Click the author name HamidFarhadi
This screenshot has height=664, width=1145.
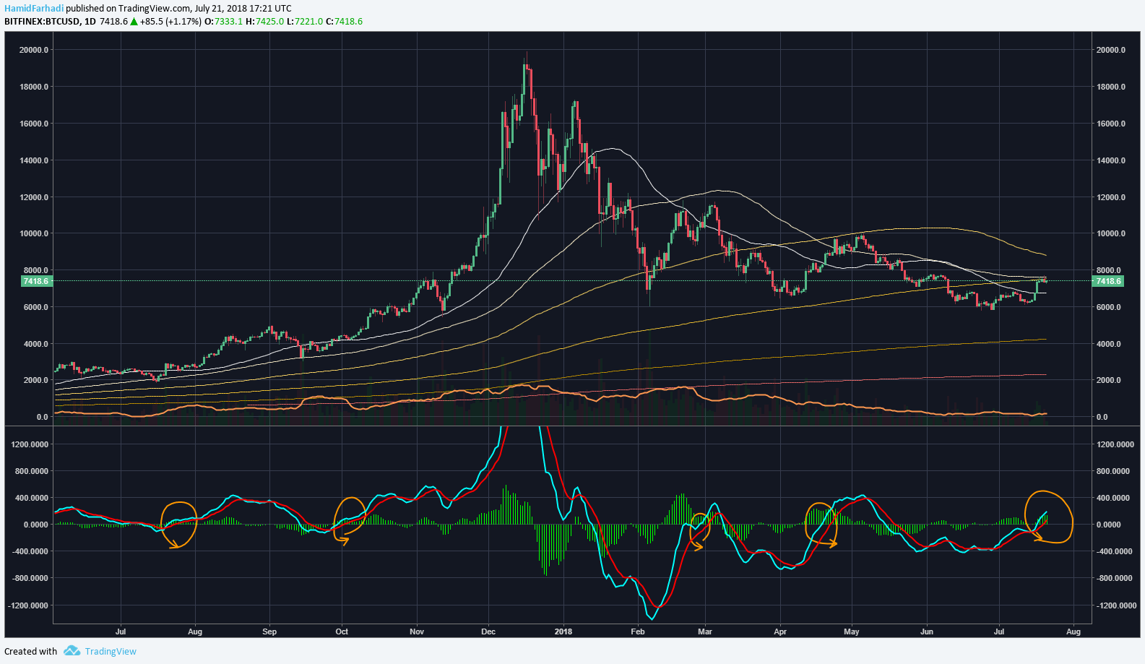click(x=34, y=8)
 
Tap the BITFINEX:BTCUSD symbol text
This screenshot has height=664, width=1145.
click(x=42, y=22)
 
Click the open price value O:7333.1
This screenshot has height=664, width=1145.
click(x=223, y=22)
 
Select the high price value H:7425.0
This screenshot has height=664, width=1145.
click(x=264, y=22)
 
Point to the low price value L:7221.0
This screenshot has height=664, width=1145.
click(x=304, y=22)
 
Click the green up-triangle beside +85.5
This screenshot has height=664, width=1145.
click(x=134, y=22)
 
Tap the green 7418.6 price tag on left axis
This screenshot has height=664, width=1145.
click(x=37, y=281)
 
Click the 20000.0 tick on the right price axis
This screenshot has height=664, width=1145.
click(x=1111, y=50)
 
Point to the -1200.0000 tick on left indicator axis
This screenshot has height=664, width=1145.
click(x=29, y=605)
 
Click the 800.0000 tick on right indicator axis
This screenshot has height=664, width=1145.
click(x=1115, y=471)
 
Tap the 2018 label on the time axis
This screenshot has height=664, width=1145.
click(x=563, y=631)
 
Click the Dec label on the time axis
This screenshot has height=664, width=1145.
click(x=488, y=631)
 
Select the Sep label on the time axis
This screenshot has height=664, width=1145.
click(x=269, y=631)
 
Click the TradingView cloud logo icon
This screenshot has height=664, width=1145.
click(x=72, y=651)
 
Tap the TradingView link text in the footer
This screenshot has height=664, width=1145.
click(x=111, y=651)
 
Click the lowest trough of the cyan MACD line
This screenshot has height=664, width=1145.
click(x=652, y=619)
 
